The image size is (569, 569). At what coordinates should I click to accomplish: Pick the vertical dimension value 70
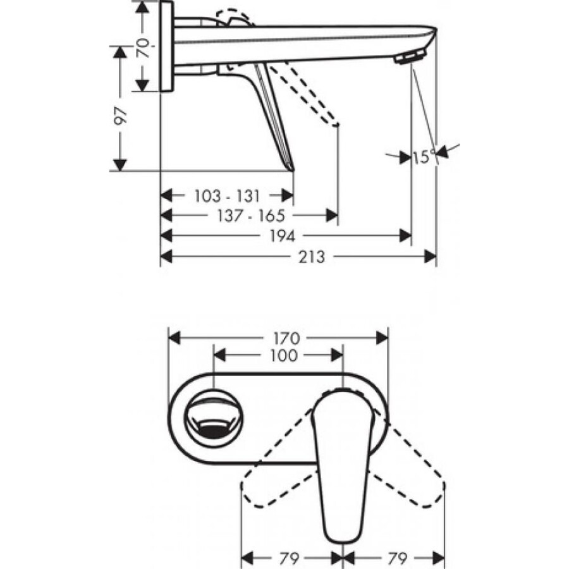coord(144,47)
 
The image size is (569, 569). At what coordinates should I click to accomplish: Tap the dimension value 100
coord(278,355)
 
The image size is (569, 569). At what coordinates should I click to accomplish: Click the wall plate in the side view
coord(166,47)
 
